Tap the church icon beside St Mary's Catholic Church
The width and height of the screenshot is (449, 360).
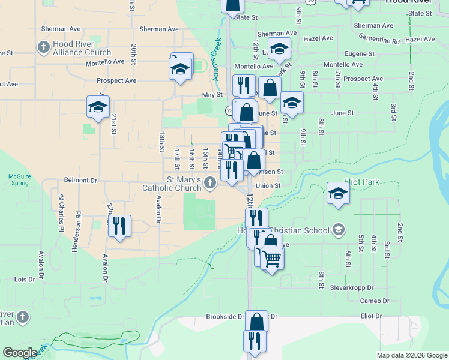point(209,183)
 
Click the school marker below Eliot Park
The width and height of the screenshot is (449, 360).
point(339,194)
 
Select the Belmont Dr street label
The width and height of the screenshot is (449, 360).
point(80,180)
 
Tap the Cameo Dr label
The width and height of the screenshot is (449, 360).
point(375,301)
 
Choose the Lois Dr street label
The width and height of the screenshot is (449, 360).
point(25,280)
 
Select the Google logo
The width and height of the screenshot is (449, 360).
point(20,353)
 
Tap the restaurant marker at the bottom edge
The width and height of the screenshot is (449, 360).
point(255,342)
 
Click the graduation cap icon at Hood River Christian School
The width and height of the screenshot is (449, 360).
point(338,230)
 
